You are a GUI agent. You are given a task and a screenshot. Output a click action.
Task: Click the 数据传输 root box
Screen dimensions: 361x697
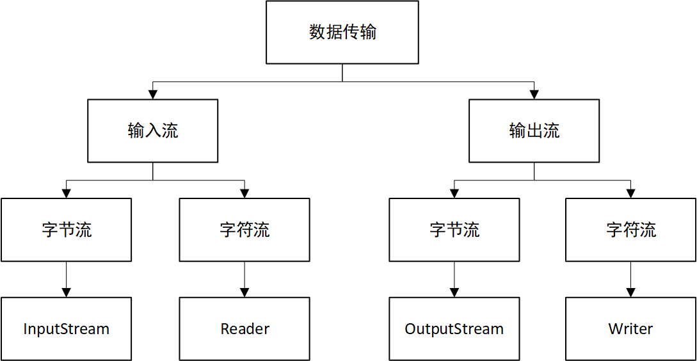pyautogui.click(x=342, y=32)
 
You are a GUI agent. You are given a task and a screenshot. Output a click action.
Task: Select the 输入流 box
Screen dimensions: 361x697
pyautogui.click(x=152, y=131)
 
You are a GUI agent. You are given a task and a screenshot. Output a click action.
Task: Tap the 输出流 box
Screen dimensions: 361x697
pyautogui.click(x=534, y=131)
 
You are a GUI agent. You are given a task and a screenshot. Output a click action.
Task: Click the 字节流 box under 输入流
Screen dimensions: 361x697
pyautogui.click(x=66, y=230)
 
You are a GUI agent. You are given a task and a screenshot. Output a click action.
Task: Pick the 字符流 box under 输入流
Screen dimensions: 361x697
pyautogui.click(x=244, y=230)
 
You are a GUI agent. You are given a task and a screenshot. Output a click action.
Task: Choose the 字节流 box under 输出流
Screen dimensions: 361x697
pyautogui.click(x=454, y=230)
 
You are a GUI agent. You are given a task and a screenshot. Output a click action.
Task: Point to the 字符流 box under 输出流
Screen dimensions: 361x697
pyautogui.click(x=631, y=230)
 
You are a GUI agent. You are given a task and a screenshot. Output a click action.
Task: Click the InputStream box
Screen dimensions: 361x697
pyautogui.click(x=66, y=328)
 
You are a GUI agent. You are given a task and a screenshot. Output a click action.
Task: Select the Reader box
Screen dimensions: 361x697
pyautogui.click(x=244, y=328)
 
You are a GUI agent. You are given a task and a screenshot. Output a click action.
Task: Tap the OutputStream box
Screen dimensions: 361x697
pyautogui.click(x=454, y=328)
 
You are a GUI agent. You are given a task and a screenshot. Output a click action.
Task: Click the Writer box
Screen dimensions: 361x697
pyautogui.click(x=631, y=328)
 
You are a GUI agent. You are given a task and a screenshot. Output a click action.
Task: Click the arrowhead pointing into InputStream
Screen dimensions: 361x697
pyautogui.click(x=66, y=293)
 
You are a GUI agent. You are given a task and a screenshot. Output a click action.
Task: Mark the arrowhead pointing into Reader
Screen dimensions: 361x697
pyautogui.click(x=244, y=293)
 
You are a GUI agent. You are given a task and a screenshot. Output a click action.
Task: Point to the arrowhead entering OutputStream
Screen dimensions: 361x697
pyautogui.click(x=454, y=293)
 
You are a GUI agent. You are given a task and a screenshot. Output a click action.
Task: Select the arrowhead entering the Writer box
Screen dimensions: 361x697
pyautogui.click(x=631, y=293)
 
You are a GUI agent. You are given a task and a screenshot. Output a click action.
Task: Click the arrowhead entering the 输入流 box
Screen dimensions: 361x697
pyautogui.click(x=152, y=95)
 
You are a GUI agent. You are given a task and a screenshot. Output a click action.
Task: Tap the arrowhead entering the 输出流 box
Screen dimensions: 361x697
pyautogui.click(x=534, y=95)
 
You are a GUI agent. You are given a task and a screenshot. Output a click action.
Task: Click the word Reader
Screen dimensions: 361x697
pyautogui.click(x=244, y=329)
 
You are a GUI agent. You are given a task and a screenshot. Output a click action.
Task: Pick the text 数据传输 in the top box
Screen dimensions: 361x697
pyautogui.click(x=342, y=32)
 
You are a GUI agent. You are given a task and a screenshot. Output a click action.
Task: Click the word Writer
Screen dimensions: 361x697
pyautogui.click(x=631, y=329)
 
